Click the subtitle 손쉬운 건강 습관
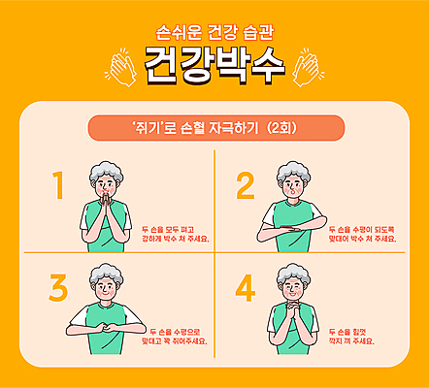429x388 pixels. tap(214, 31)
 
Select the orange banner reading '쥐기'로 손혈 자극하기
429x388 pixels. tap(214, 127)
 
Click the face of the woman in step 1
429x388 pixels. tap(106, 182)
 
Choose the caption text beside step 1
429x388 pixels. tap(175, 232)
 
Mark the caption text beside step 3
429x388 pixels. tap(174, 336)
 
